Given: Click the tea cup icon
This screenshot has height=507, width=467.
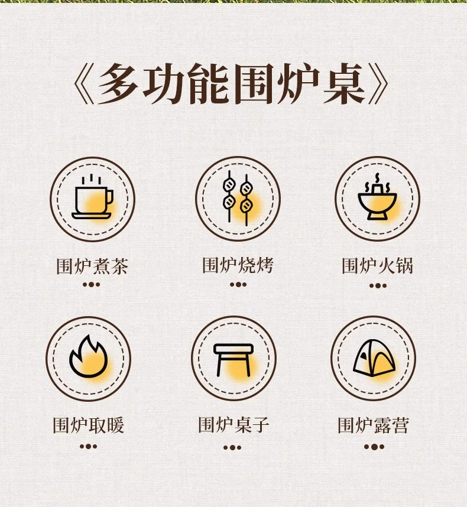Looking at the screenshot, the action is point(92,197).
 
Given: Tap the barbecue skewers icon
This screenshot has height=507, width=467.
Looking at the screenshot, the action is point(238,198).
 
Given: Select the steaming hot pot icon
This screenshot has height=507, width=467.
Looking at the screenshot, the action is point(377,197).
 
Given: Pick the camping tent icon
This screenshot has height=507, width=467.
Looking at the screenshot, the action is point(374,358).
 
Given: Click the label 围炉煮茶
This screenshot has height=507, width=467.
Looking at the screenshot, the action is point(92,266).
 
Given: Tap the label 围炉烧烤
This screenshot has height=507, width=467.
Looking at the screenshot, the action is point(238,265).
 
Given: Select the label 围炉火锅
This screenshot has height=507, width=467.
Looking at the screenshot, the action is point(377,266).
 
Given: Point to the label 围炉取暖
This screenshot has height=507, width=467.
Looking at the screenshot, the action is point(89,425).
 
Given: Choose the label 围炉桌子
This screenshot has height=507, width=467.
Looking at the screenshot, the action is point(234,425).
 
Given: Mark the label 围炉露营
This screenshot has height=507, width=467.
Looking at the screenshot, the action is point(374,425).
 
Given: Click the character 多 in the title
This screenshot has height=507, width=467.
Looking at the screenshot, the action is point(118,83).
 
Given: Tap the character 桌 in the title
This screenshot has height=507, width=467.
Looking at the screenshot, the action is point(344,83).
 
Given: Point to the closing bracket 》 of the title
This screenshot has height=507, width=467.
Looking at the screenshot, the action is point(378,83).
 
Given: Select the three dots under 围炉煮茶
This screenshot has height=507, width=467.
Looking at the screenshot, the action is point(91,285).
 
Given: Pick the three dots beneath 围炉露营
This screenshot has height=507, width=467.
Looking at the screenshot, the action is point(374,447).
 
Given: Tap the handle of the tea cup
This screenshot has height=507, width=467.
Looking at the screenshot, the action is point(110,197).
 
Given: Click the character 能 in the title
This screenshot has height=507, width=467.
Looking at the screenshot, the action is point(209,83).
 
